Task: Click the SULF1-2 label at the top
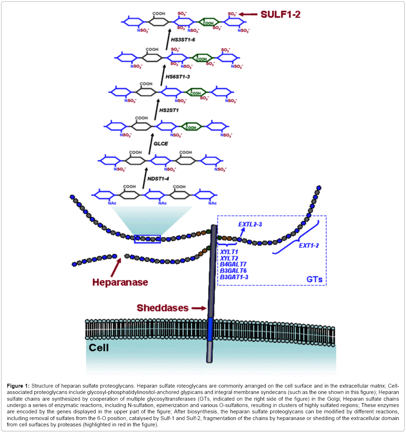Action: [280, 14]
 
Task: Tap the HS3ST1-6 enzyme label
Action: [183, 40]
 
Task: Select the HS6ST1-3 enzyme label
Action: [178, 77]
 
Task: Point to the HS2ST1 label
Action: [169, 110]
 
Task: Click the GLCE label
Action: [161, 144]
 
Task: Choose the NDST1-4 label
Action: [158, 179]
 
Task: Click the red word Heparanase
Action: [120, 282]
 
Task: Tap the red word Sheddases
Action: [162, 308]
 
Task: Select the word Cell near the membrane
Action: [99, 348]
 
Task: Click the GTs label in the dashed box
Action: [314, 280]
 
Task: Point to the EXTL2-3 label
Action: [250, 224]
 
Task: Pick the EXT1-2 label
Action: [309, 245]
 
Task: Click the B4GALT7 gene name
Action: [233, 264]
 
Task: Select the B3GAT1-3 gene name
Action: [234, 277]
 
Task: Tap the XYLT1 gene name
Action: [229, 252]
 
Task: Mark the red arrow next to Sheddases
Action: [199, 308]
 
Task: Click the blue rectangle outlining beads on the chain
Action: [147, 239]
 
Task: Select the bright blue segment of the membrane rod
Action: [210, 329]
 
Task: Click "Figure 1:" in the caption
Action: [18, 386]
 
